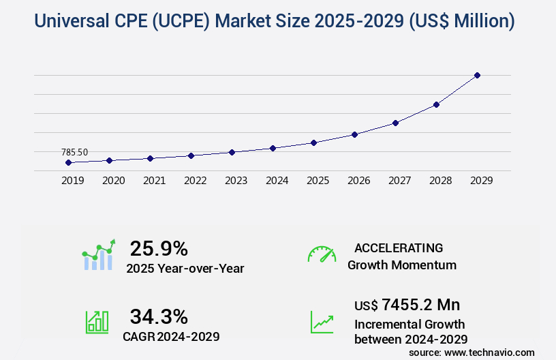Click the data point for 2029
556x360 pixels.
(477, 75)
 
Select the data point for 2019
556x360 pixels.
(68, 162)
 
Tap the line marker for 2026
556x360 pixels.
(354, 134)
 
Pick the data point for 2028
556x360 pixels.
(436, 104)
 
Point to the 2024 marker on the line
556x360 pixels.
(273, 148)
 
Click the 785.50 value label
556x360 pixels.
(74, 152)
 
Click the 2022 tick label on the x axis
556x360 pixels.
(195, 181)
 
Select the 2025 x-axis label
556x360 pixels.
(318, 181)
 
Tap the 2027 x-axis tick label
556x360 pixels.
(399, 181)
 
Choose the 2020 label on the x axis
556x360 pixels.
(113, 181)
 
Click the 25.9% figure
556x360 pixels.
(159, 248)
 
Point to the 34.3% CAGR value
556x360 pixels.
(159, 316)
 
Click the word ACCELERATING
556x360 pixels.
(399, 247)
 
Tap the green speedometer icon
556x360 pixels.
(322, 254)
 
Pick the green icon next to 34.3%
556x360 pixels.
(97, 322)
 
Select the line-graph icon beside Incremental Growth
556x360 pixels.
(322, 322)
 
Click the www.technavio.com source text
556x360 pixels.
(489, 352)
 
